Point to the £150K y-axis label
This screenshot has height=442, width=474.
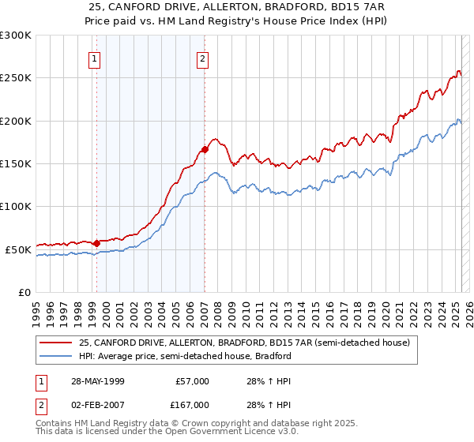coord(16,164)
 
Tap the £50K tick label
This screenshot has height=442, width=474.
coord(18,249)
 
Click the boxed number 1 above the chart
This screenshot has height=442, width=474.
coord(95,58)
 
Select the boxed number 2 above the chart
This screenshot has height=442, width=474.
coord(203,58)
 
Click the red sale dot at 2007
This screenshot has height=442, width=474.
coord(205,149)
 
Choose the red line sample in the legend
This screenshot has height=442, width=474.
coord(55,343)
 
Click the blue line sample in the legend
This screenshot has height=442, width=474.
coord(55,356)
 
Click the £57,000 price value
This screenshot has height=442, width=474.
coord(190,381)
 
